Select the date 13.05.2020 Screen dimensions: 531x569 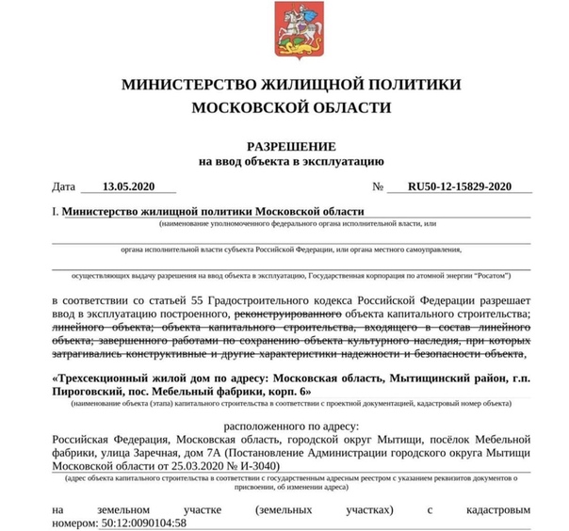tap(128, 186)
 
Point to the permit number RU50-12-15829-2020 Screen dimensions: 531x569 tap(459, 186)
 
